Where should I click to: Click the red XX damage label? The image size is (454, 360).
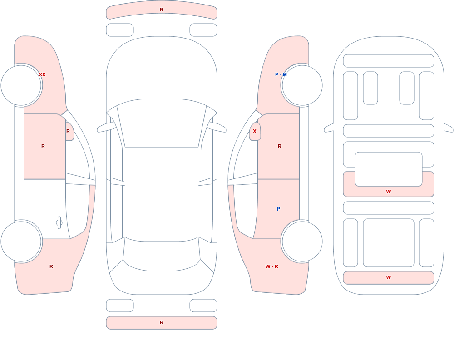(42, 74)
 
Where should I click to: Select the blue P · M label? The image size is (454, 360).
(281, 74)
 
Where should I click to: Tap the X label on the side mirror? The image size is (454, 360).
(255, 131)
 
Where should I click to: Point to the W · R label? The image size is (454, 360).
(272, 266)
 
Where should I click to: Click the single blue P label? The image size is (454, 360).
(279, 209)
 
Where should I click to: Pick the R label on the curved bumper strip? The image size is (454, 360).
(162, 10)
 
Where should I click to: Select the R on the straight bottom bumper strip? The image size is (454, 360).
(162, 322)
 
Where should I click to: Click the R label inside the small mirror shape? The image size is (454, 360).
(68, 131)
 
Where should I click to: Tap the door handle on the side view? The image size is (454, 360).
(59, 223)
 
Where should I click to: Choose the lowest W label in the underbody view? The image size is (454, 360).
(389, 277)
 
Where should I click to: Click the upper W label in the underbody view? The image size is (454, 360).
(389, 192)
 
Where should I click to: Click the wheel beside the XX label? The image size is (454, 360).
(21, 85)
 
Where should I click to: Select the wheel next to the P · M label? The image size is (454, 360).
(302, 85)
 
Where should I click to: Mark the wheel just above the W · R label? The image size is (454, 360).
(302, 241)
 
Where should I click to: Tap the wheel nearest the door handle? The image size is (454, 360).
(21, 241)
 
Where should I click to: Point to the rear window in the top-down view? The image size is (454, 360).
(162, 255)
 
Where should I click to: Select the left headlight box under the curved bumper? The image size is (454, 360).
(120, 30)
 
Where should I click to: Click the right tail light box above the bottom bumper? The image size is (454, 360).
(203, 306)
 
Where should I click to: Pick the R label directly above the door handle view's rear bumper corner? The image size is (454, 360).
(51, 266)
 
